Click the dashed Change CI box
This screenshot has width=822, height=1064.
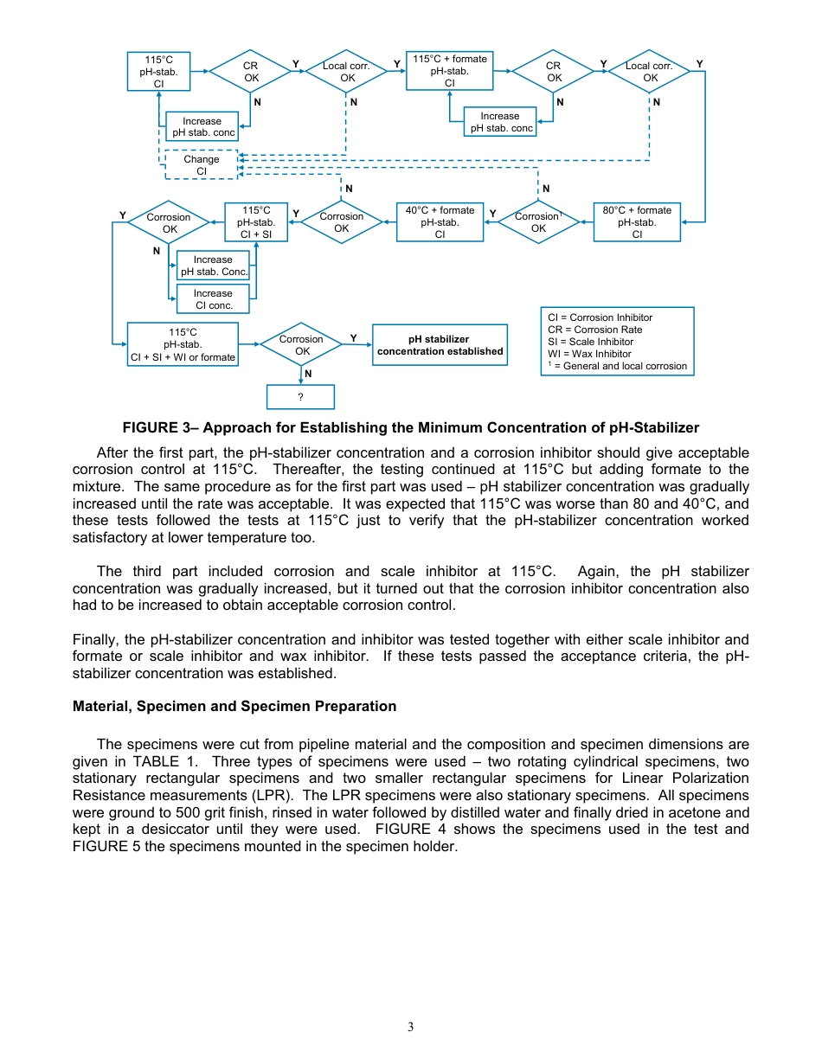pyautogui.click(x=201, y=164)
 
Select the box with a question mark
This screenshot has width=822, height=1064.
pyautogui.click(x=300, y=396)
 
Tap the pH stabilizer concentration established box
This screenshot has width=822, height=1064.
pyautogui.click(x=440, y=345)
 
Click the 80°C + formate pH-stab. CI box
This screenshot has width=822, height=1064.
pyautogui.click(x=637, y=221)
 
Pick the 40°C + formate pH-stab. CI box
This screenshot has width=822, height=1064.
pyautogui.click(x=440, y=221)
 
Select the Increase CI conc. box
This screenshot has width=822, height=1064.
pyautogui.click(x=213, y=299)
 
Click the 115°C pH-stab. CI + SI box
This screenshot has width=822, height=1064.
pyautogui.click(x=256, y=221)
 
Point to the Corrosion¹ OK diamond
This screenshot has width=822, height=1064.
pyautogui.click(x=538, y=222)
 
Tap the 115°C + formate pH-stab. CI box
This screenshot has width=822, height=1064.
pyautogui.click(x=449, y=71)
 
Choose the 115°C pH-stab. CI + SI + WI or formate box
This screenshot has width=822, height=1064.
pyautogui.click(x=183, y=344)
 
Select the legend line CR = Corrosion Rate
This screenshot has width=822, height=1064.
pyautogui.click(x=594, y=330)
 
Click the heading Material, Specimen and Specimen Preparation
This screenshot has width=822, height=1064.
pyautogui.click(x=234, y=706)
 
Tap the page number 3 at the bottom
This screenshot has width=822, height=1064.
pyautogui.click(x=411, y=1027)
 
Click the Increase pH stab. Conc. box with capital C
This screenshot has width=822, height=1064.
pyautogui.click(x=213, y=266)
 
